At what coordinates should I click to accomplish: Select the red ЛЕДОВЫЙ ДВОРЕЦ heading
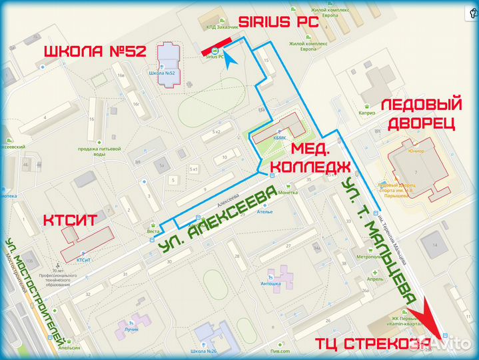point(421,114)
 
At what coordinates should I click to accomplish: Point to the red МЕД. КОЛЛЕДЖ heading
point(320,157)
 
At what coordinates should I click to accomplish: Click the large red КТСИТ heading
point(70,221)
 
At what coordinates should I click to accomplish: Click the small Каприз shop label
point(368,113)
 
